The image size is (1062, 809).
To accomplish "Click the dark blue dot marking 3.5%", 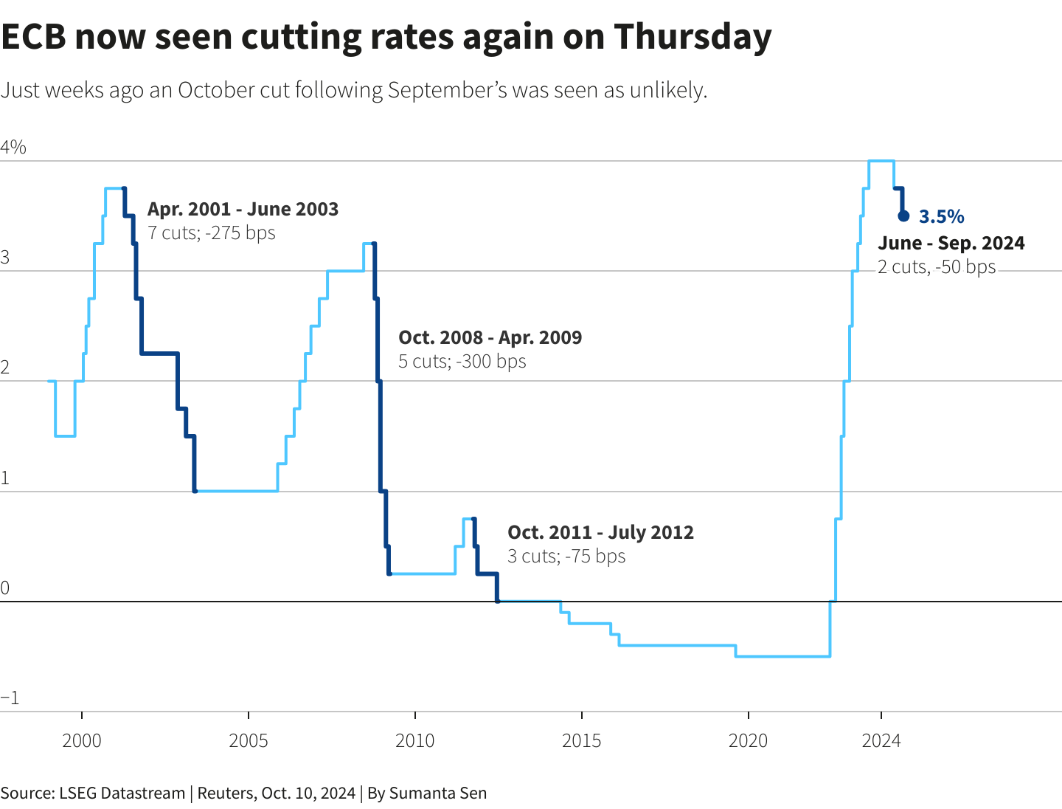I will (x=903, y=216).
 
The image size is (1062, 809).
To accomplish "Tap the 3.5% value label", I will (x=942, y=216).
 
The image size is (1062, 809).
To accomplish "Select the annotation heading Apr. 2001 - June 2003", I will (x=243, y=209).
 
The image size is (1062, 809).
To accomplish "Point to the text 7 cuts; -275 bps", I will (x=212, y=233).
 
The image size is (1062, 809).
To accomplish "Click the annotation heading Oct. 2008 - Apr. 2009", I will (x=490, y=337).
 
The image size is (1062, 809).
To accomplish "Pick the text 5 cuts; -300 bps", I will (x=462, y=361).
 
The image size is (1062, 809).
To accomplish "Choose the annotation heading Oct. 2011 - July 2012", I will (x=600, y=532).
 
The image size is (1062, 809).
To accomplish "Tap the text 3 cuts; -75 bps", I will (x=566, y=556).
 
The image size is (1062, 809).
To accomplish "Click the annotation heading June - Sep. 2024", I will (x=951, y=243).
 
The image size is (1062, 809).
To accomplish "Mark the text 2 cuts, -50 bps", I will (x=936, y=266).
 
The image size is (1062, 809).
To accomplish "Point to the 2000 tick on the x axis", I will (x=82, y=740).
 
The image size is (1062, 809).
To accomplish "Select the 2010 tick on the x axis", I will (x=415, y=740).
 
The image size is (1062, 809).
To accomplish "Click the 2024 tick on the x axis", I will (x=881, y=740).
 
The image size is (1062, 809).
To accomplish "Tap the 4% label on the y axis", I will (x=13, y=148).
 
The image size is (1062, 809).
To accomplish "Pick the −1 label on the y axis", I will (x=10, y=698).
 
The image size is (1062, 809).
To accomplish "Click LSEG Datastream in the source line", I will (x=122, y=793).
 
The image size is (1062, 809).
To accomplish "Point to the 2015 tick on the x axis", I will (x=582, y=740).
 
